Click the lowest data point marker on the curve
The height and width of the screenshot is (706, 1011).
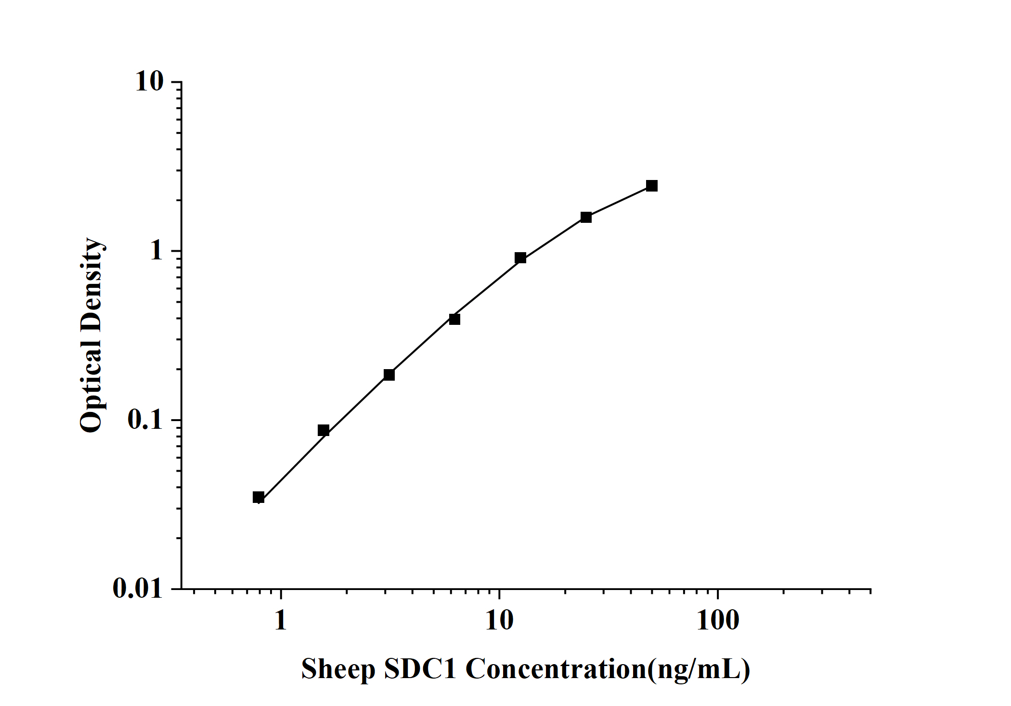tap(259, 497)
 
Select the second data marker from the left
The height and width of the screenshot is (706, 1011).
tap(324, 430)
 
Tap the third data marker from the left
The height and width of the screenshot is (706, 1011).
tap(389, 374)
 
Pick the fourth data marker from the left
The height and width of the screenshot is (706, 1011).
tap(454, 319)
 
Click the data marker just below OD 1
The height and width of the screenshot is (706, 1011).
tap(520, 258)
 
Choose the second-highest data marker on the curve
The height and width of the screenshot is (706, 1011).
tap(586, 217)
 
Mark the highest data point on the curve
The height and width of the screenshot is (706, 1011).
tap(652, 186)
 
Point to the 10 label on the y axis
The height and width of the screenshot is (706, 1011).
tap(150, 82)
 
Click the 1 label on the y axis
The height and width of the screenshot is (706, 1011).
tap(156, 251)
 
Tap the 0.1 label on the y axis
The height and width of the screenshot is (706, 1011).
tap(145, 420)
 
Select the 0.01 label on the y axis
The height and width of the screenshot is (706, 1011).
tap(138, 589)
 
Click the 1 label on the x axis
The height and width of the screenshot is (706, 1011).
tap(281, 621)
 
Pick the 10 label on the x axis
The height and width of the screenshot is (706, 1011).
tap(499, 621)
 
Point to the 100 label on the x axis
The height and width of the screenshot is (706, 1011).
tap(718, 621)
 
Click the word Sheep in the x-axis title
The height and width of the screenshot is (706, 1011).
tap(338, 670)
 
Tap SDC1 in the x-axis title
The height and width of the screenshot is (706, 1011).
tap(420, 669)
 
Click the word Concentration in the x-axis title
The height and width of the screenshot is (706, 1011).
tap(556, 669)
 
